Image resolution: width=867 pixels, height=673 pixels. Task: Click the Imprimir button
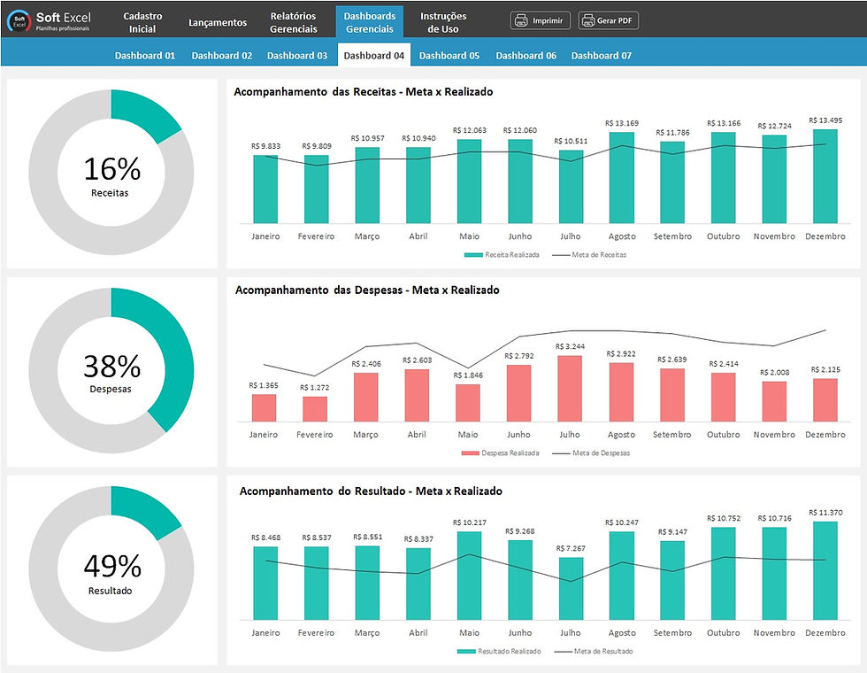coord(540,20)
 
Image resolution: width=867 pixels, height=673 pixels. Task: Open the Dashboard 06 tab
coord(526,56)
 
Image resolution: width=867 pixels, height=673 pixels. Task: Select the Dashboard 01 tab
coord(145,56)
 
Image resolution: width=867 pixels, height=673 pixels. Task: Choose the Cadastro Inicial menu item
coord(142,22)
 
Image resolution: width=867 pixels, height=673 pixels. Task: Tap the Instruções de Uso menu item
coord(442,22)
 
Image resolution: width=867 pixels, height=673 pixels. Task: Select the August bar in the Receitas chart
coord(622,177)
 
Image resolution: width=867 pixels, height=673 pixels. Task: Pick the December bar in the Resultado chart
coord(825,568)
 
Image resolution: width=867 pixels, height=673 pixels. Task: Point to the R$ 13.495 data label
coord(825,120)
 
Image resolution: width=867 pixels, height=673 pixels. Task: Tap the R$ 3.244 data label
coord(571,346)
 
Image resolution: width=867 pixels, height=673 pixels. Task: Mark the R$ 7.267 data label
coord(571,548)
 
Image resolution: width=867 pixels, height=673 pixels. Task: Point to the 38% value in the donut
coord(111,366)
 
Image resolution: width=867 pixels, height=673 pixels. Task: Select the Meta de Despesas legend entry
coord(594,453)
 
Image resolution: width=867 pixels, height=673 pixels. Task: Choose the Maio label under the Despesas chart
coord(469,435)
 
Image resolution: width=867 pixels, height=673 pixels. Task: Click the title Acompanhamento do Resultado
coord(369,491)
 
